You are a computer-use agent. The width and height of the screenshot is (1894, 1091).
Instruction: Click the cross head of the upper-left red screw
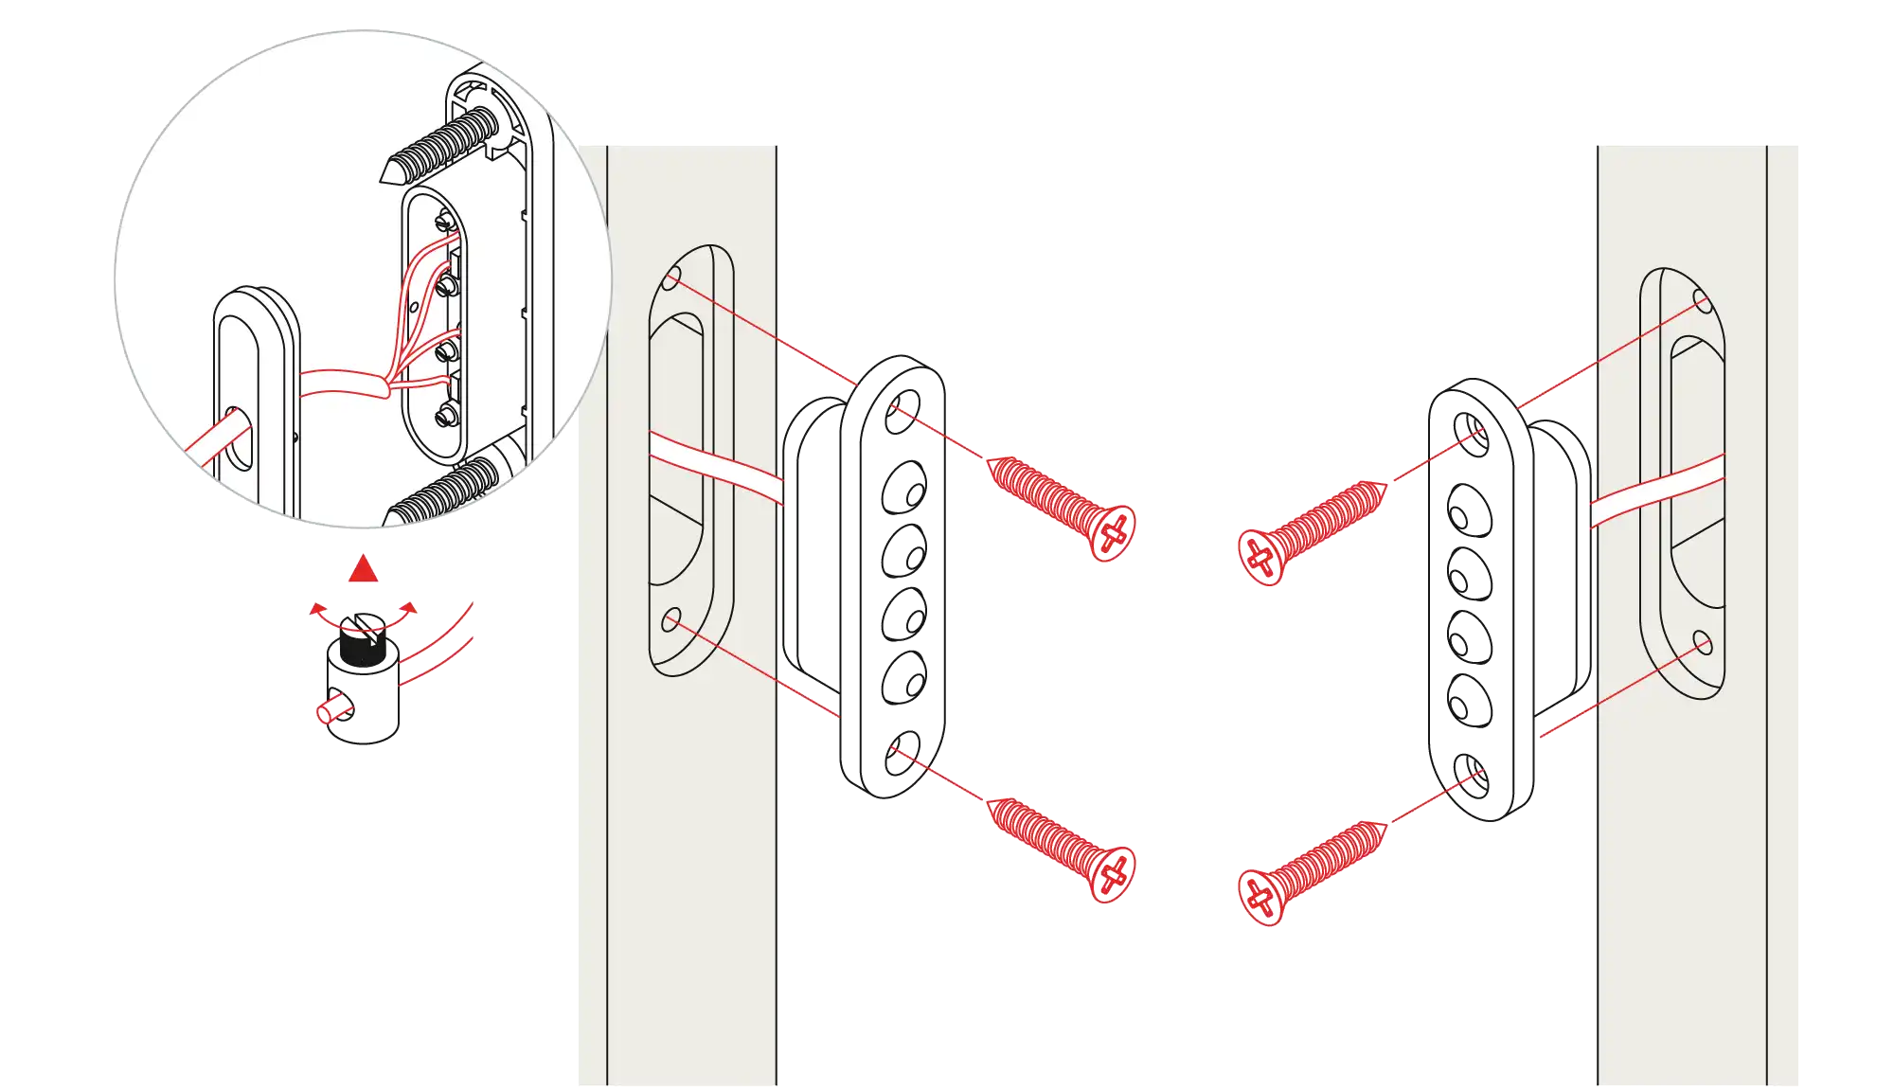(1114, 532)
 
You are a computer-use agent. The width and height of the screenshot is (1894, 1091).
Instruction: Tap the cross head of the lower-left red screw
(1114, 874)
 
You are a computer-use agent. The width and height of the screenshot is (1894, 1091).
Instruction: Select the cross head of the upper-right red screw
(1260, 557)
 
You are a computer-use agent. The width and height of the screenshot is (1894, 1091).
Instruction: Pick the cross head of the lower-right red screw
(1260, 896)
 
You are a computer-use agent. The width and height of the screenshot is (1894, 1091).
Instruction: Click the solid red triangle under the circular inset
(364, 569)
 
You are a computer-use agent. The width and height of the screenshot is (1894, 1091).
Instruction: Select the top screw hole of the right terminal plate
(1470, 432)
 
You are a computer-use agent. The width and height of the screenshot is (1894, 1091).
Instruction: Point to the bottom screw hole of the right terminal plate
(1470, 777)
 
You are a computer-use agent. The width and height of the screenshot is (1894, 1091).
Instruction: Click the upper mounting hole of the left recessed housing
(671, 277)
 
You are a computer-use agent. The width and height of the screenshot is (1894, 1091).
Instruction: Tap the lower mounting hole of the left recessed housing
(671, 620)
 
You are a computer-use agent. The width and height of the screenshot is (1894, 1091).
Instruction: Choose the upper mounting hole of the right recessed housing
(1702, 304)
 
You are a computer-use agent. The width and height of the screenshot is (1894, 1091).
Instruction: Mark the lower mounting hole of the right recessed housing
(1702, 644)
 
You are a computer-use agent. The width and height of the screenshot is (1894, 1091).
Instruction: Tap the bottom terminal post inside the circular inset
(446, 416)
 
